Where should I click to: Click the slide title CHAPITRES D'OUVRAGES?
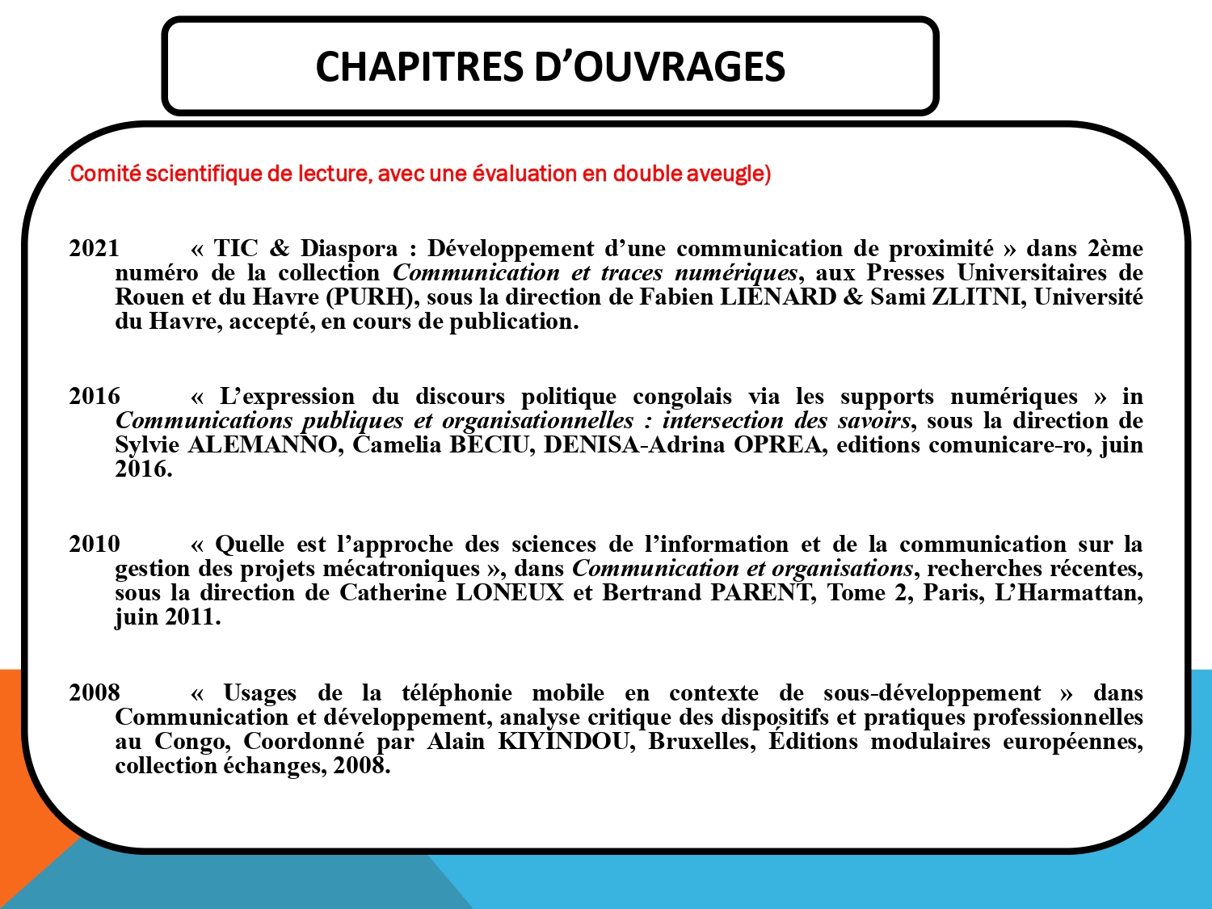click(549, 66)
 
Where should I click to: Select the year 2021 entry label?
click(94, 248)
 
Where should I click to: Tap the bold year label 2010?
click(94, 544)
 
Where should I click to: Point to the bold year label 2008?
click(94, 692)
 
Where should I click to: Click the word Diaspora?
click(349, 248)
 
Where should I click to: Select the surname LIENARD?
click(777, 297)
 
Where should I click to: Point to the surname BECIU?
click(488, 445)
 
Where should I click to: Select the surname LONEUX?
click(509, 593)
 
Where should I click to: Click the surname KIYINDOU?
click(562, 742)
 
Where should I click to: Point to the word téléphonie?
click(457, 693)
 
